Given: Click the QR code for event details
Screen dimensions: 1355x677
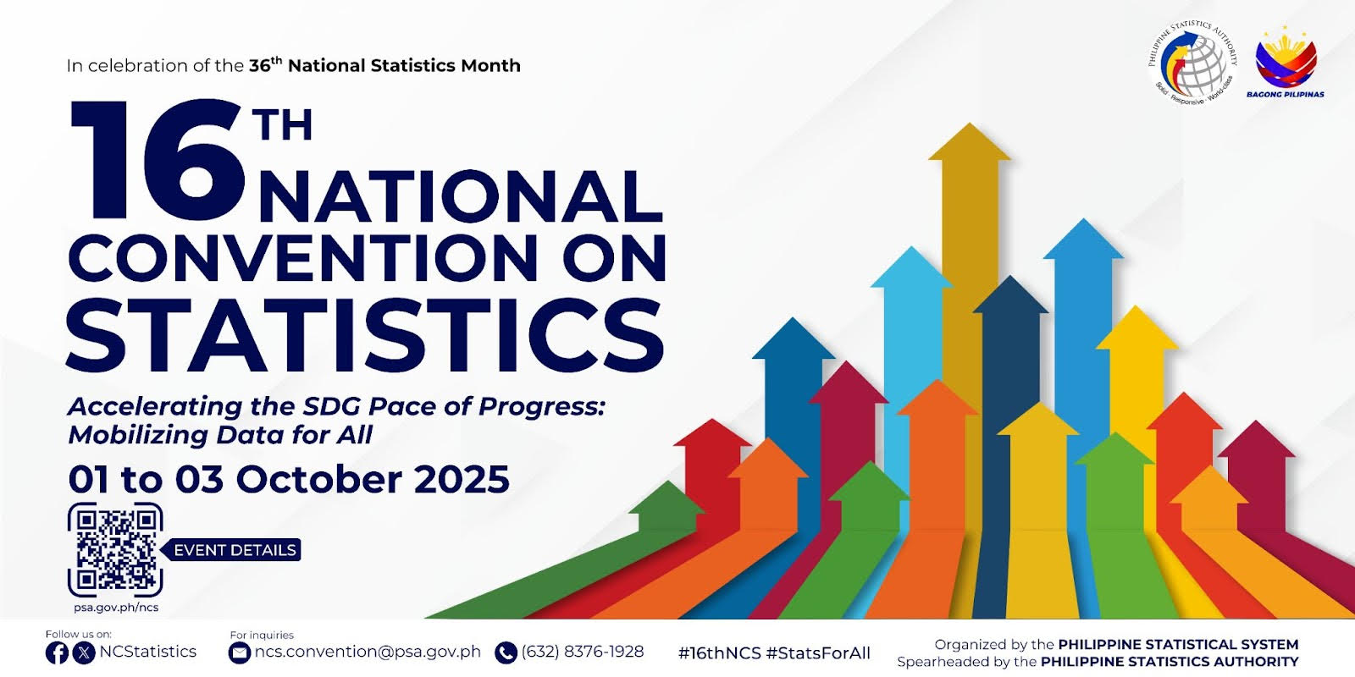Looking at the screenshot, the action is tap(115, 549).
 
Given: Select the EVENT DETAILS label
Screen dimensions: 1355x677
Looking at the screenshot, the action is tap(235, 550).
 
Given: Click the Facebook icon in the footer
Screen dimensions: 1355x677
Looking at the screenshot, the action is tap(57, 652).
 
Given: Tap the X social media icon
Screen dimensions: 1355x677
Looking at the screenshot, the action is tap(84, 652).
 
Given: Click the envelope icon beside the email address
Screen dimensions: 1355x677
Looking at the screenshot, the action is tap(240, 652).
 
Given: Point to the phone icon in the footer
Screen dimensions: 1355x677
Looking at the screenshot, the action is tap(506, 652).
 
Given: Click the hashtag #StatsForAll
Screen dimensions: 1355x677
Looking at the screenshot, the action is tap(818, 653).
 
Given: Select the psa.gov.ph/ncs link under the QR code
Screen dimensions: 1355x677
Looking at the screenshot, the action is tap(116, 608).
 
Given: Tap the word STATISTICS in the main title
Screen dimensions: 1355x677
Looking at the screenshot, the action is tap(365, 334).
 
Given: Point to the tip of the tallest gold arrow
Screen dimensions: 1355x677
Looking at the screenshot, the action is tap(970, 124).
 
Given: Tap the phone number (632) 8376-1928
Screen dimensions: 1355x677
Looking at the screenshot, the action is tap(583, 652).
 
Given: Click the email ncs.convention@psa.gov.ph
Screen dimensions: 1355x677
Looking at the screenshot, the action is tap(368, 652).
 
